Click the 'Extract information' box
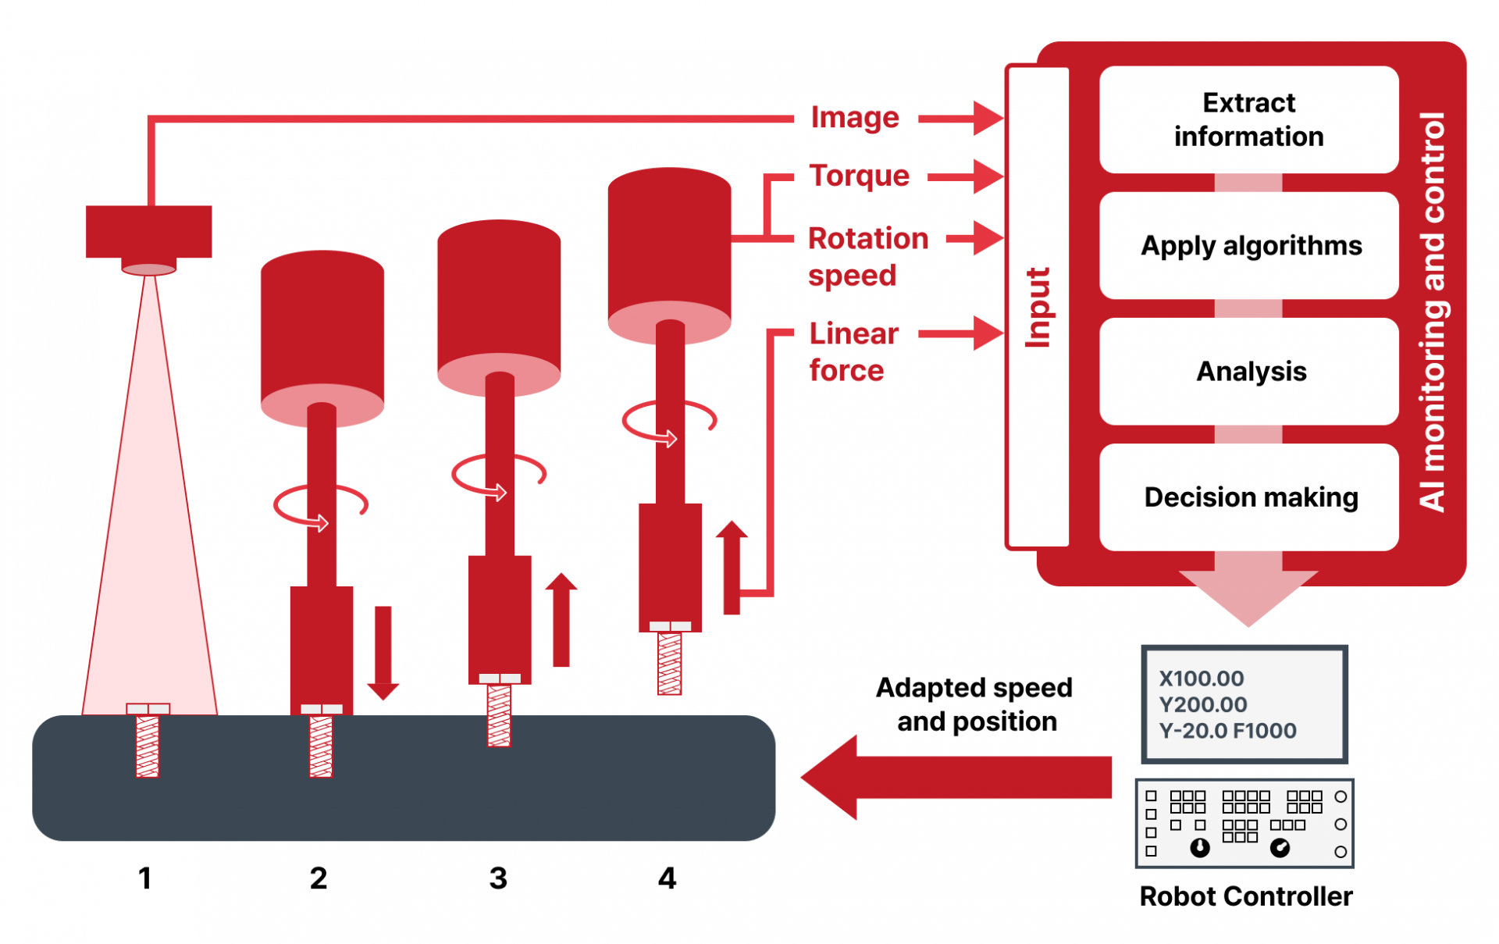(1248, 119)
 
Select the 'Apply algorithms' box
(1248, 246)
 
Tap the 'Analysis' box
(1248, 372)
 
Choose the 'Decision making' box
(1248, 497)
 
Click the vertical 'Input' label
(1038, 308)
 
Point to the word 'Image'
(855, 118)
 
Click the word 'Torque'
(859, 176)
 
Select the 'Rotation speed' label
(867, 257)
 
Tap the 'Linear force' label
(853, 352)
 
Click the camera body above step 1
(148, 231)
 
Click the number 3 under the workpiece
(498, 878)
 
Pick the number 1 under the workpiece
(144, 878)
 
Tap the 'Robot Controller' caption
(1245, 896)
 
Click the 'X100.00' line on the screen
(1202, 679)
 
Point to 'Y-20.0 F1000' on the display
(1227, 731)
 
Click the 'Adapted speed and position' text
(975, 704)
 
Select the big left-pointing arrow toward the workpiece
(956, 778)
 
